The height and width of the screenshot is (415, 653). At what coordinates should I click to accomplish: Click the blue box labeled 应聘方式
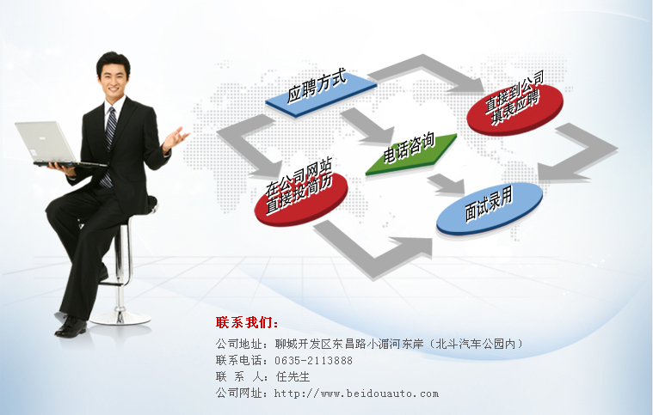(x=322, y=95)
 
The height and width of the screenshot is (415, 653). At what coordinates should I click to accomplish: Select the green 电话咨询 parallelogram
(x=411, y=154)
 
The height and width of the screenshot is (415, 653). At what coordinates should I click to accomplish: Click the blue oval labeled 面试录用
(x=490, y=208)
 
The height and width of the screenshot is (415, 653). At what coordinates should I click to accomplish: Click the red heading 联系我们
(x=247, y=322)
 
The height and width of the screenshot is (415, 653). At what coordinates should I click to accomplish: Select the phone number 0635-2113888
(x=313, y=360)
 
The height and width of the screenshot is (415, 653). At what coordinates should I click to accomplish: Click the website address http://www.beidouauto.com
(x=356, y=393)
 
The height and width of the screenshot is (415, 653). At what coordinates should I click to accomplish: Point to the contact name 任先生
(x=293, y=376)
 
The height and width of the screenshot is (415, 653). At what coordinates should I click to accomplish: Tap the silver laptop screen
(x=45, y=142)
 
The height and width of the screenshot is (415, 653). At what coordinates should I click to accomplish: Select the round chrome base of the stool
(x=120, y=318)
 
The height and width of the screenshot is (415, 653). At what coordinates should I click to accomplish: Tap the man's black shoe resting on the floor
(x=71, y=327)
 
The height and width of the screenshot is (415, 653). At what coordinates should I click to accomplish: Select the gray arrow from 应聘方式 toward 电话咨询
(x=367, y=125)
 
